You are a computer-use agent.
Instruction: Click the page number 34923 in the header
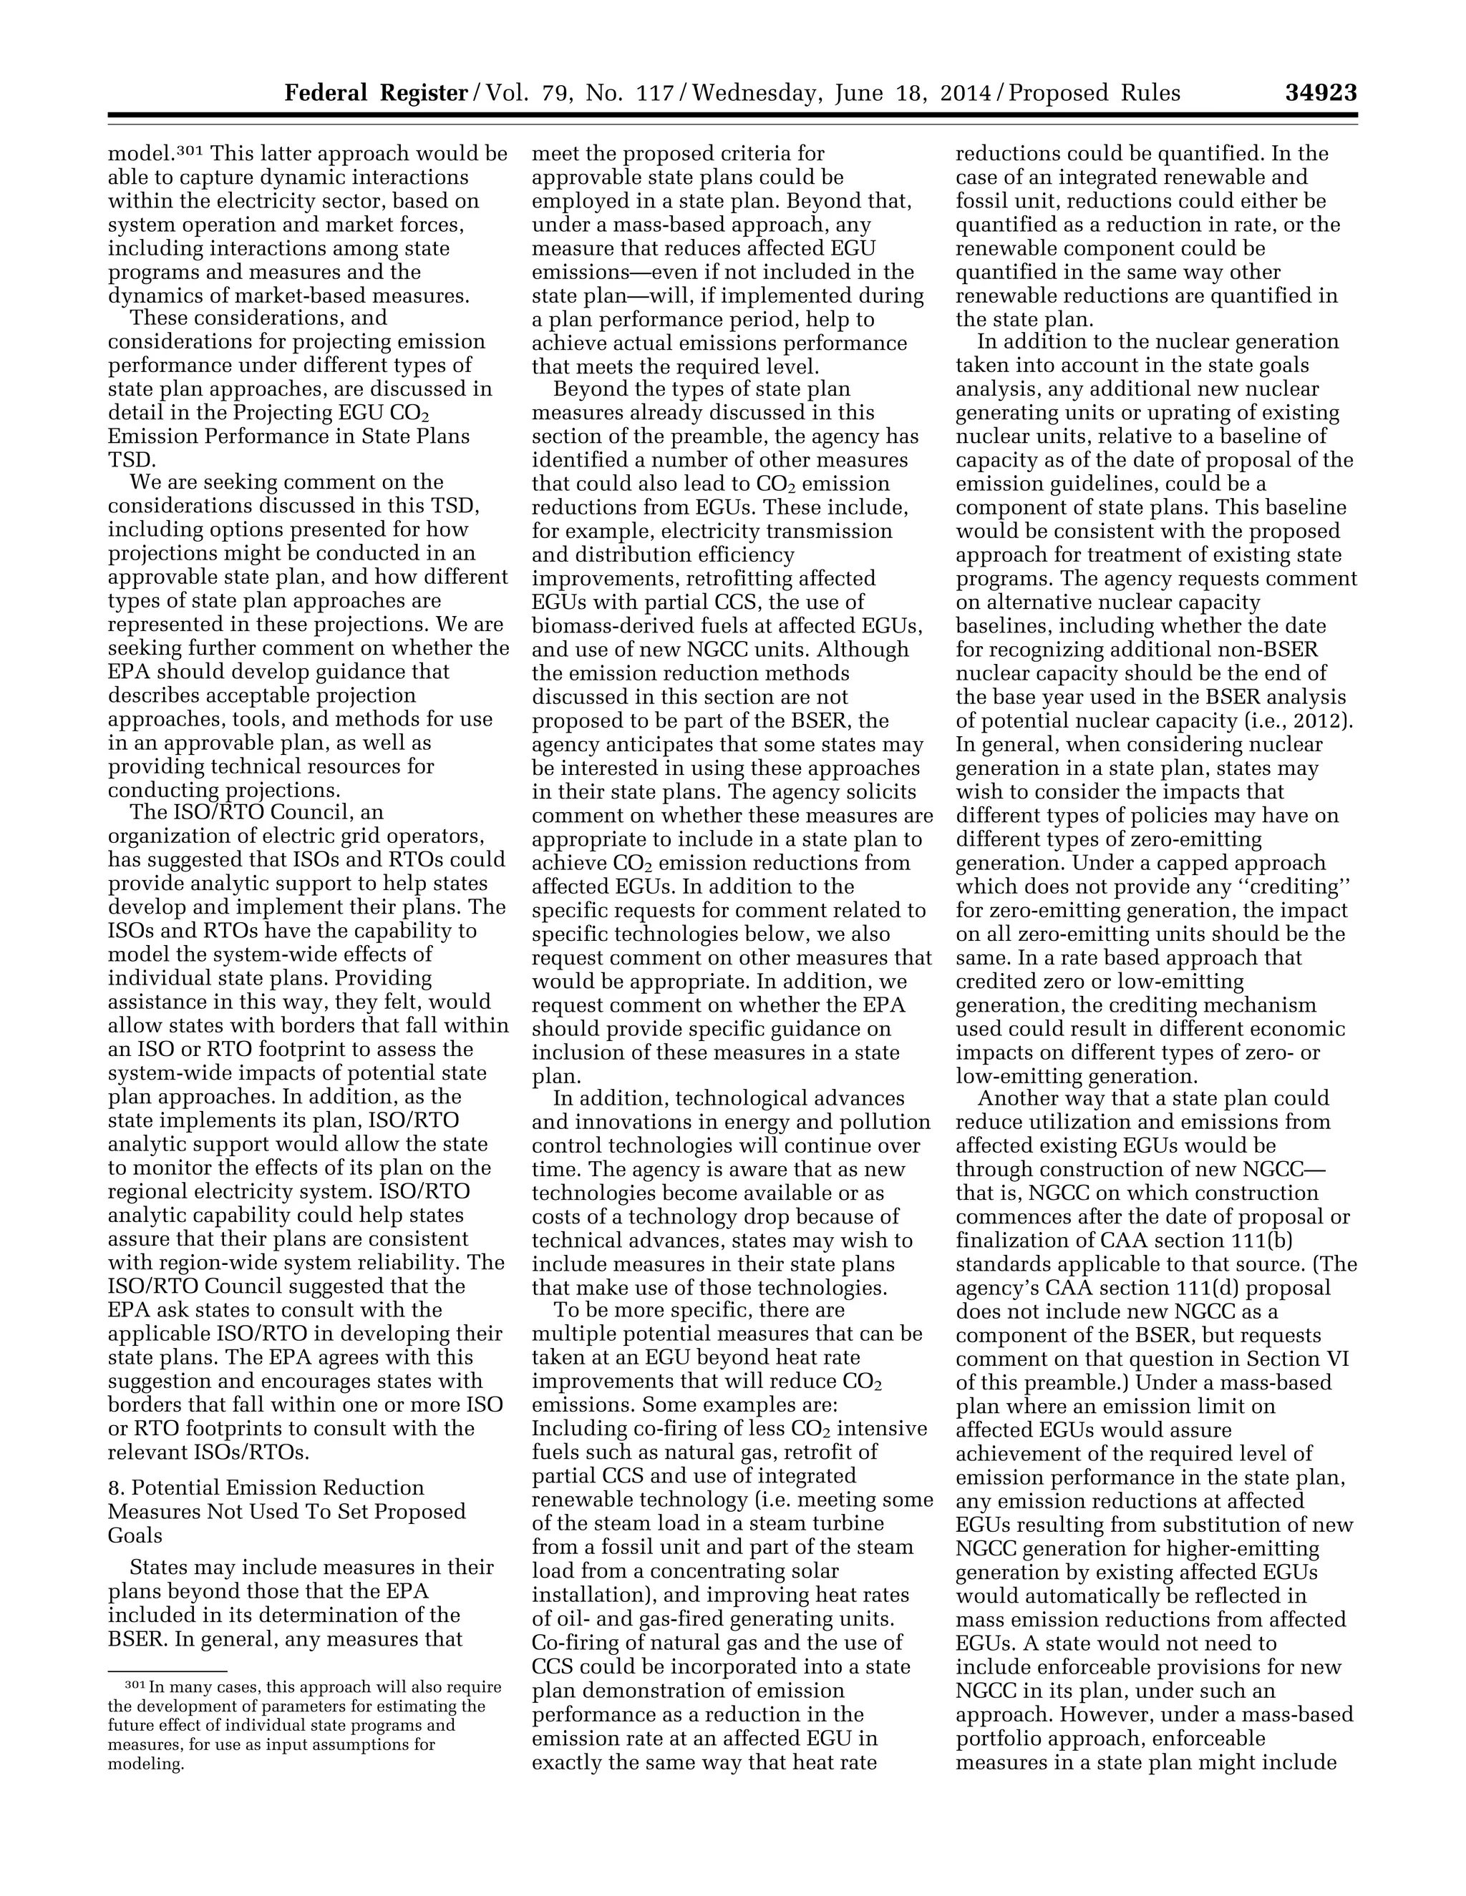click(x=1320, y=93)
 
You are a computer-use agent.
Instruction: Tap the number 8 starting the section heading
click(x=114, y=1488)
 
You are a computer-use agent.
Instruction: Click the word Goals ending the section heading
click(x=135, y=1535)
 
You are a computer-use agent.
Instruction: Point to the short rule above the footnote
click(x=167, y=1671)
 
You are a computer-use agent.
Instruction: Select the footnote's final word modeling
click(x=146, y=1764)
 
